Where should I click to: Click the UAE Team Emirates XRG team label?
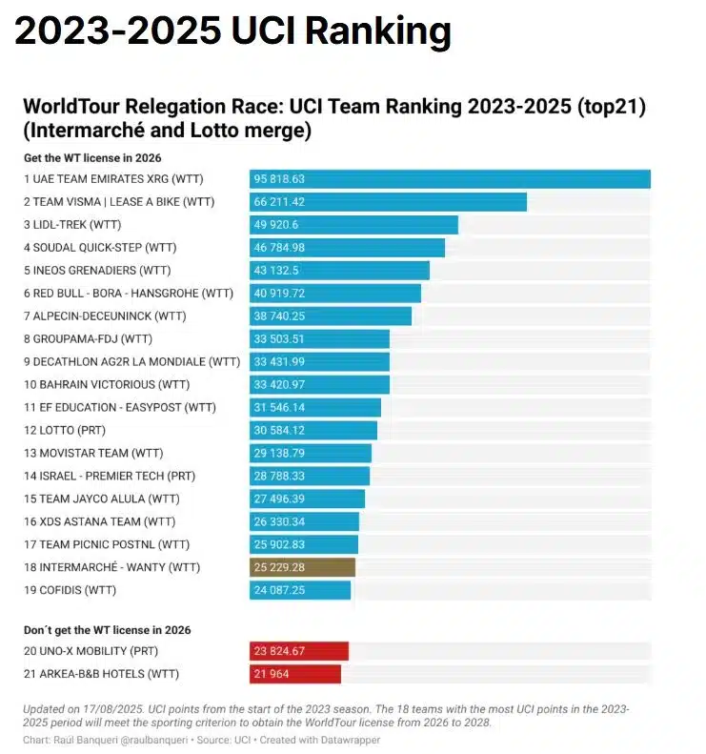[x=113, y=179]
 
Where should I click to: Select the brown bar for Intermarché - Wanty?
[x=302, y=567]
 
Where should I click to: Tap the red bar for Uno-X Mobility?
[x=298, y=651]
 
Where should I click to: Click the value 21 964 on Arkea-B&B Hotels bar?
[x=273, y=674]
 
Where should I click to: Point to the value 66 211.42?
[x=279, y=202]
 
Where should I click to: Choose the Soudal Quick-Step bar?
[x=348, y=248]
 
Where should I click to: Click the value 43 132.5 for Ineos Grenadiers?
[x=276, y=271]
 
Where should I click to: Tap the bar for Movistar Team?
[x=311, y=453]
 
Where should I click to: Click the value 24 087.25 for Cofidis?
[x=279, y=590]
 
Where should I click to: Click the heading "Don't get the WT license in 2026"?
[x=107, y=630]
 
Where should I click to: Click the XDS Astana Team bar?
[x=305, y=521]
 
